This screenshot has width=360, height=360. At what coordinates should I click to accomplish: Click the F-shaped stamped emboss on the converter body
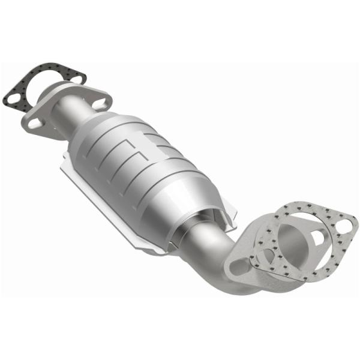(135, 150)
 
